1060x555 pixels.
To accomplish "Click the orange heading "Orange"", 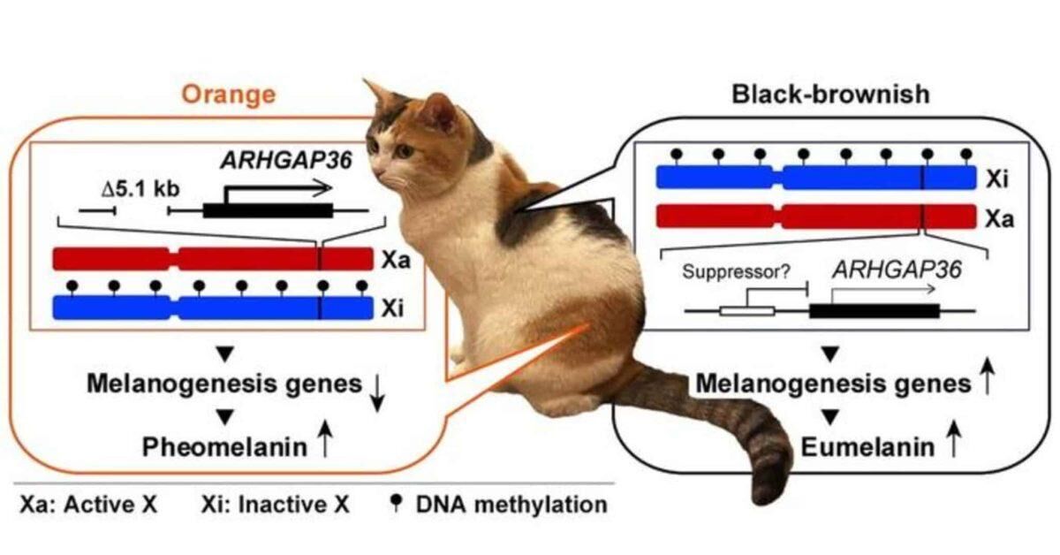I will tap(229, 95).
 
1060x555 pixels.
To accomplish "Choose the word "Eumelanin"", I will tap(867, 447).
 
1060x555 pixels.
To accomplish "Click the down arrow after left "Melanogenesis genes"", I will tap(378, 393).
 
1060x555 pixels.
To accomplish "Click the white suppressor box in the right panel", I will tap(746, 311).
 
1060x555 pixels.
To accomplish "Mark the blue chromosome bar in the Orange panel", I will tap(212, 308).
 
